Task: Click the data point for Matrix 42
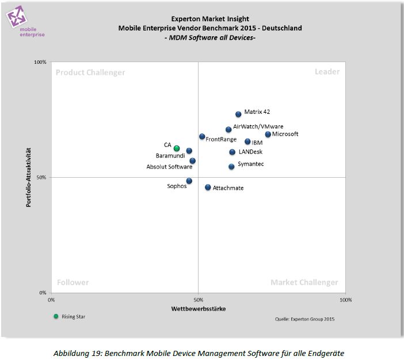[x=238, y=114]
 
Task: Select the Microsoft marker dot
[x=268, y=134]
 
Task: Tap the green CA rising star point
[x=177, y=148]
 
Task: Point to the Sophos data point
[x=189, y=181]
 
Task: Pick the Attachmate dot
[x=208, y=187]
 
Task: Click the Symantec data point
[x=231, y=166]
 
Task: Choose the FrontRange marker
[x=202, y=136]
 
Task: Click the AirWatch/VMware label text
[x=258, y=127]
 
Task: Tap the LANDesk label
[x=250, y=152]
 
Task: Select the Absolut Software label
[x=169, y=167]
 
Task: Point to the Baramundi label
[x=170, y=156]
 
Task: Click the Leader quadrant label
[x=327, y=72]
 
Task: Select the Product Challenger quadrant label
[x=90, y=72]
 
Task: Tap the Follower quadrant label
[x=73, y=282]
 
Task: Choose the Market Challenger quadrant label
[x=304, y=282]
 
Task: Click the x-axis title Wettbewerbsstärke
[x=199, y=309]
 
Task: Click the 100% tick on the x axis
[x=345, y=300]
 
